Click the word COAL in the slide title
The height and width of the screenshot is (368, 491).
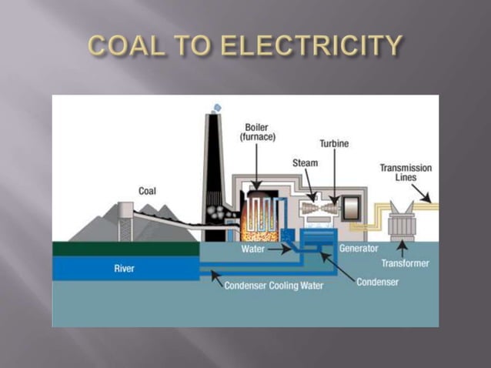(126, 45)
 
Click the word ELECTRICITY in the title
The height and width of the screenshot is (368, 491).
(312, 45)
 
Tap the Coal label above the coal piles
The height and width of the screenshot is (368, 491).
(147, 191)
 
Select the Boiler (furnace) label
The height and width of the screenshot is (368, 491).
(257, 132)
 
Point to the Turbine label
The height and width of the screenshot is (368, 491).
(334, 144)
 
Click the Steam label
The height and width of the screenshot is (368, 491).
(305, 163)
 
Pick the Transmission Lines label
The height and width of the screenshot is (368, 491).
(406, 172)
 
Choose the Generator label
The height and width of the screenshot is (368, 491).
(359, 249)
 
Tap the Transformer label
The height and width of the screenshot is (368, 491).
(406, 263)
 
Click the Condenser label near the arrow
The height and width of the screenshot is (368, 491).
(377, 283)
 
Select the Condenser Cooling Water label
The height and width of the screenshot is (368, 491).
(274, 286)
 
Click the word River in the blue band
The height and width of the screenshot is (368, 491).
(125, 269)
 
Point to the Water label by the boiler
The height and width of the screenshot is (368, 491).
(252, 249)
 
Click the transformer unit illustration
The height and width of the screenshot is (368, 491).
(402, 222)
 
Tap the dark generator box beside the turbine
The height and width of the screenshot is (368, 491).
(351, 207)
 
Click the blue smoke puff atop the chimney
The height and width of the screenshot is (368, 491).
(217, 109)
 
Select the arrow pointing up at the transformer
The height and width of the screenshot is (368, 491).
(402, 249)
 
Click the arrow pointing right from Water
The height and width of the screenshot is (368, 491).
(279, 249)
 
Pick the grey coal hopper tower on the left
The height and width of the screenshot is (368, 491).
(125, 222)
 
